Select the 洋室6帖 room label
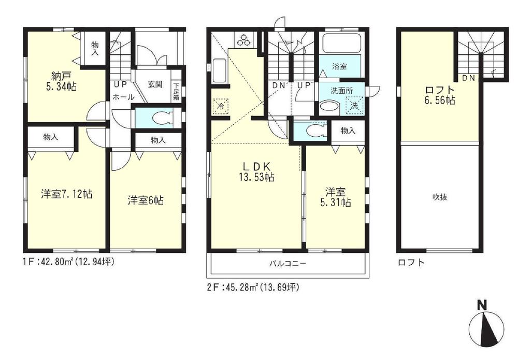pyautogui.click(x=146, y=200)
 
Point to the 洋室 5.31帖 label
pyautogui.click(x=336, y=196)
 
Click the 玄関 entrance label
pyautogui.click(x=155, y=84)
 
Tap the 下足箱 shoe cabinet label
pyautogui.click(x=176, y=92)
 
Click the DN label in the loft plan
pyautogui.click(x=468, y=78)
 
